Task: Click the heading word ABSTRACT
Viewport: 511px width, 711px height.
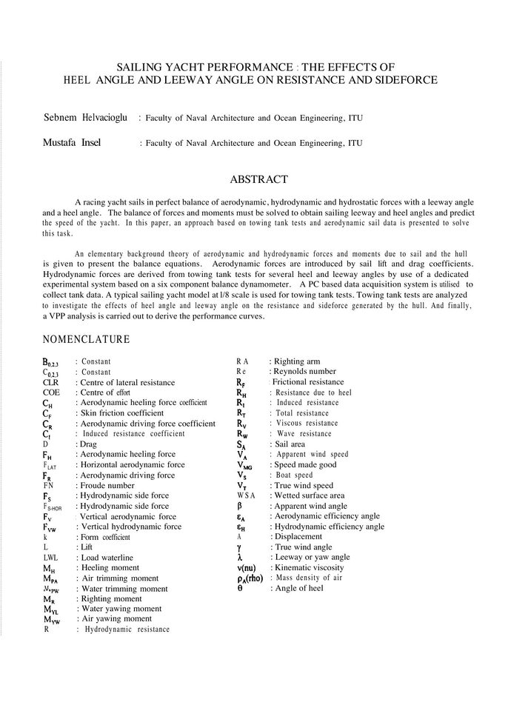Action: (x=258, y=179)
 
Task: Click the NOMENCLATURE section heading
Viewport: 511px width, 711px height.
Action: (x=87, y=340)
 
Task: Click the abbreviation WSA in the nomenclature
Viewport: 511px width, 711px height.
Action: (x=247, y=495)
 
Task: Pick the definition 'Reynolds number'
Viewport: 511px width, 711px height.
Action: (x=304, y=371)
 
